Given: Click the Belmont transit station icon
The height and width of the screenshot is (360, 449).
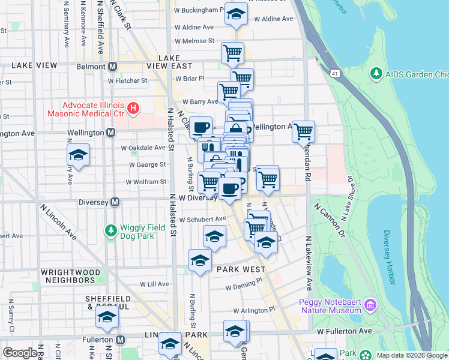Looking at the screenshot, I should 112,67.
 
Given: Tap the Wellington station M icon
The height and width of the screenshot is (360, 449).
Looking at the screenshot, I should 110,132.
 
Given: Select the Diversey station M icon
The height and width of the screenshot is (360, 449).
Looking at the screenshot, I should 115,202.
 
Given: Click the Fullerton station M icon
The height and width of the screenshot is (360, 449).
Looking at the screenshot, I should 120,340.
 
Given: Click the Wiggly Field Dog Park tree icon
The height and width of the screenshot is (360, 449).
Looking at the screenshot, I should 110,230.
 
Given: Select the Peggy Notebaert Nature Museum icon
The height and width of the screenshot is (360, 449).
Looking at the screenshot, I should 370,305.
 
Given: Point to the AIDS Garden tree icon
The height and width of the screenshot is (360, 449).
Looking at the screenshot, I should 376,74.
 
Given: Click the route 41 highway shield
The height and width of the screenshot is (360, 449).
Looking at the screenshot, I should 335,73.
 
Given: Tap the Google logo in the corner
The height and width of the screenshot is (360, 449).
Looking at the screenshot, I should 19,353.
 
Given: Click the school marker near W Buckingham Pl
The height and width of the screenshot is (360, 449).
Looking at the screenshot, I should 237,13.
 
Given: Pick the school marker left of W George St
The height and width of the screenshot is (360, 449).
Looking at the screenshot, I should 78,155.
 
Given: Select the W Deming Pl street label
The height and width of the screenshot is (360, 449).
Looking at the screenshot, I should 244,287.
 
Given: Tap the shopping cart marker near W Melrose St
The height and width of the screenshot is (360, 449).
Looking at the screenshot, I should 232,52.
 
